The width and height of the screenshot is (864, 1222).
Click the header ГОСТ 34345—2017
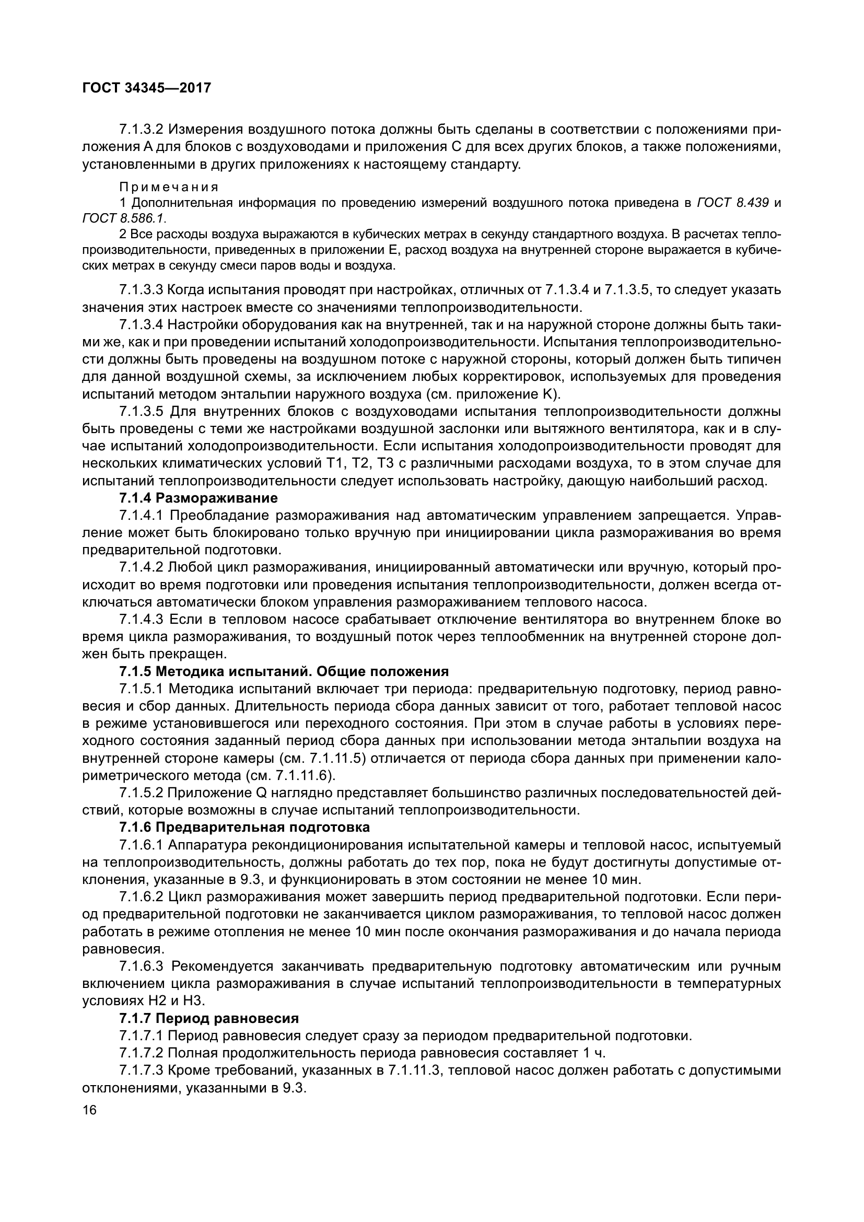coord(146,88)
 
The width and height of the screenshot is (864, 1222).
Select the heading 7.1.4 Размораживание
coord(199,499)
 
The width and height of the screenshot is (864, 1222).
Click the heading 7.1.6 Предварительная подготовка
coord(244,828)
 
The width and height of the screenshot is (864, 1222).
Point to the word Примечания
coord(169,188)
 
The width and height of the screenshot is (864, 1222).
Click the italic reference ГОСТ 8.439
coord(732,203)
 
